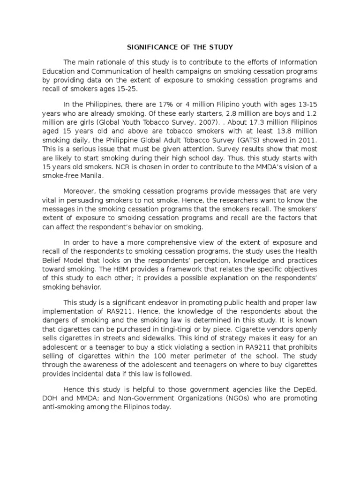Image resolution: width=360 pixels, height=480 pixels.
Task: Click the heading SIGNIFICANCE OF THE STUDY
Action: [180, 47]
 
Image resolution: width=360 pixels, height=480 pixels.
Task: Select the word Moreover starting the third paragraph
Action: [81, 192]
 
